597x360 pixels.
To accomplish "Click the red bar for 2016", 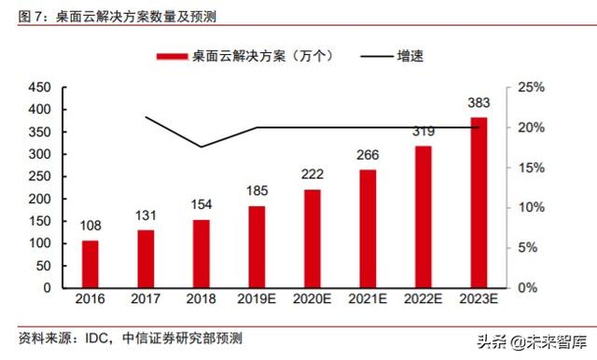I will pyautogui.click(x=90, y=264).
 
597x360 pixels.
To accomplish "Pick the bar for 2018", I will pyautogui.click(x=201, y=253).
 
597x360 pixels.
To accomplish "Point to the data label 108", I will pyautogui.click(x=90, y=226).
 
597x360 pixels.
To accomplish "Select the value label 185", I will pyautogui.click(x=256, y=192).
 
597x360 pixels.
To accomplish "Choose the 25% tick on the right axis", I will pyautogui.click(x=528, y=88).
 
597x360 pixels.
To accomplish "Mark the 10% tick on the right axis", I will pyautogui.click(x=528, y=207).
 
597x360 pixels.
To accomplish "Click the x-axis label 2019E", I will pyautogui.click(x=256, y=299).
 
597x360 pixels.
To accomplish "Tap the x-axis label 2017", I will pyautogui.click(x=146, y=299).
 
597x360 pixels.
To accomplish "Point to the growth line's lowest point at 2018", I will pyautogui.click(x=201, y=147).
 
